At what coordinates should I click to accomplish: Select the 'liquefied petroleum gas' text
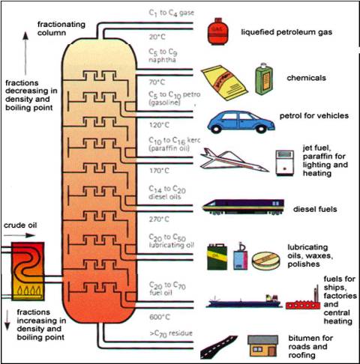tap(286, 32)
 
